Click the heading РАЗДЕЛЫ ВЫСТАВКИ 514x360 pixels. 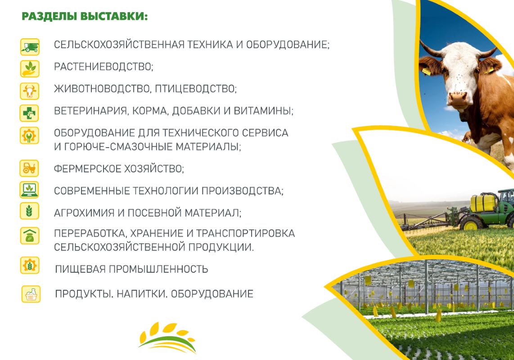tap(85, 16)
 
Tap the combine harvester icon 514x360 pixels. tap(30, 46)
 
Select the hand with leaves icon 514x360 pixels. tap(30, 68)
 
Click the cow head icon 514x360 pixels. tap(30, 91)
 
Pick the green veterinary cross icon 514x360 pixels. tap(29, 113)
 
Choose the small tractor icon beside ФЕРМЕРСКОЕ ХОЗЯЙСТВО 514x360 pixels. tap(29, 168)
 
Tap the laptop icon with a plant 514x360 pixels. tap(29, 190)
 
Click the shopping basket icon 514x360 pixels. tap(31, 294)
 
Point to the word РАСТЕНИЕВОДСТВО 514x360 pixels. tap(104, 67)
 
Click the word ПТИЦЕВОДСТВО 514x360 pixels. tap(196, 89)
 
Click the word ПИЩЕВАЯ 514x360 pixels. tap(80, 269)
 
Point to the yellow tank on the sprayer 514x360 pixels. tap(483, 202)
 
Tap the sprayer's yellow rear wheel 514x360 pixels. tap(471, 224)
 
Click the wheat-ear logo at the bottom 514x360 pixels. tap(167, 337)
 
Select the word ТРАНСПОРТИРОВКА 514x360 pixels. tap(246, 234)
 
